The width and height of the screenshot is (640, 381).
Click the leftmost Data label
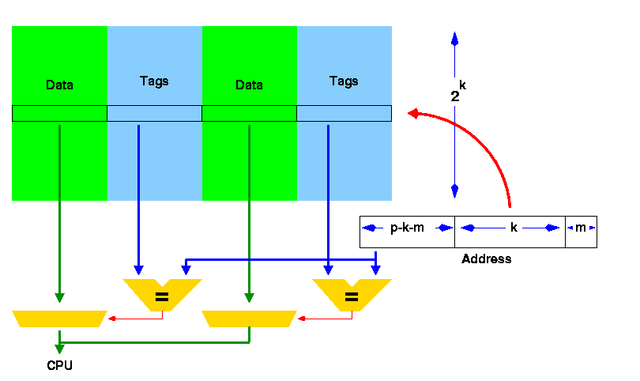click(59, 85)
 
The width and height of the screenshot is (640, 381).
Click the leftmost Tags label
click(154, 81)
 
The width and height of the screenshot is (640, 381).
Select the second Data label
click(249, 85)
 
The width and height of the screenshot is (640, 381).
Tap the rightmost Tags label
click(344, 81)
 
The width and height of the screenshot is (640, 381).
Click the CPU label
click(59, 365)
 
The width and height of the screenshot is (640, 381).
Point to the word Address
click(486, 258)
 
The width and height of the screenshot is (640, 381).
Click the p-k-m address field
click(407, 228)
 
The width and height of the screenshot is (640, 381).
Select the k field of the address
click(513, 228)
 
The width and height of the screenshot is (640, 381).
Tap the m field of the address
click(581, 228)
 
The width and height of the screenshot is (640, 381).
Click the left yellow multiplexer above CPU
click(59, 319)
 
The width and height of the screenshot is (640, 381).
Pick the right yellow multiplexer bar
click(249, 319)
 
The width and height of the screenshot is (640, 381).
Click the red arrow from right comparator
click(303, 319)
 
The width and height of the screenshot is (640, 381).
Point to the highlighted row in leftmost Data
click(59, 114)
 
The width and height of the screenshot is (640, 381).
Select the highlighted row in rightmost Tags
click(344, 114)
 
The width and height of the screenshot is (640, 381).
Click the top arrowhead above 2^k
click(454, 39)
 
